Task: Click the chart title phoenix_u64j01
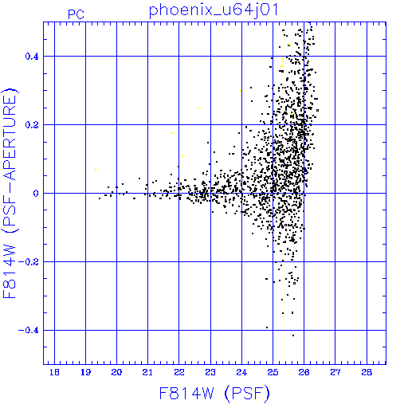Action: coord(214,10)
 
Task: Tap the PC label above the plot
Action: coord(76,14)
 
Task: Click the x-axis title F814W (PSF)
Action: coord(214,394)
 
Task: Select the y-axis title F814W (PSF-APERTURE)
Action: coord(10,193)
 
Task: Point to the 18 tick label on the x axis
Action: coord(54,372)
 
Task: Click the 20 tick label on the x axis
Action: coord(116,372)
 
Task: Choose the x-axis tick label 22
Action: coord(179,372)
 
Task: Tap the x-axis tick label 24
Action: coord(241,372)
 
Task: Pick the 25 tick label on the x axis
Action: coord(273,372)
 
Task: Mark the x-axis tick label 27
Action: coord(335,372)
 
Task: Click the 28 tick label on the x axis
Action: coord(367,372)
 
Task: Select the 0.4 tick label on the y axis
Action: coord(32,57)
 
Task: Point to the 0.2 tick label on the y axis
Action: coord(32,125)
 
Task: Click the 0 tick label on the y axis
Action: coord(36,194)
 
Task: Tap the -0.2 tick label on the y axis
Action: coord(29,262)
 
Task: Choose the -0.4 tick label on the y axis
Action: coord(29,331)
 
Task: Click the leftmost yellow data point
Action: coord(96,170)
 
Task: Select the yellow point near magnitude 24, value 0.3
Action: coord(241,91)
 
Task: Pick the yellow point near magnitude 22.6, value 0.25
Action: coord(198,108)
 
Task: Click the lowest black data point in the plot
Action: coord(293,335)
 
